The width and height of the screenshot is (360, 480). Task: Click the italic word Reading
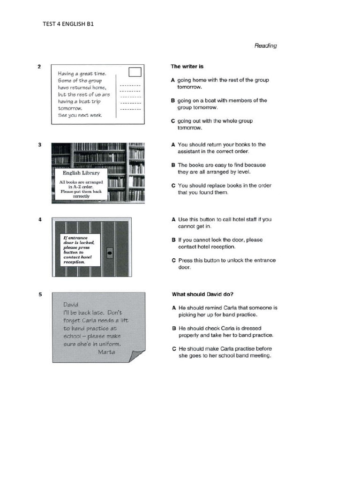265,45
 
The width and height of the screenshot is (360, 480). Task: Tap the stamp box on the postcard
135,72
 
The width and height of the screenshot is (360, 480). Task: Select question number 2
39,67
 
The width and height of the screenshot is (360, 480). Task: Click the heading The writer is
187,67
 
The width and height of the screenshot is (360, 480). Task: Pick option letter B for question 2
173,100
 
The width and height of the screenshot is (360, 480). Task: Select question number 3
39,145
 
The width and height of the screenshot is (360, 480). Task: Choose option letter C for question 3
173,186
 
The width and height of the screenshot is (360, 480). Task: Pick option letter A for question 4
173,219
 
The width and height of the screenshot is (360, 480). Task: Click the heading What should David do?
202,294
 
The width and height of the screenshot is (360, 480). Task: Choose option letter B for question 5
173,328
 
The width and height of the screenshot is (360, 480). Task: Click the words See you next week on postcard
80,115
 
